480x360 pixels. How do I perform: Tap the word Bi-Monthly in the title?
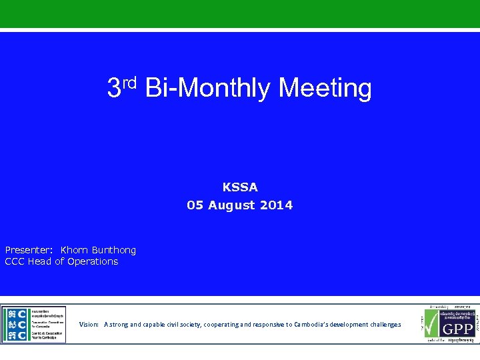(x=207, y=88)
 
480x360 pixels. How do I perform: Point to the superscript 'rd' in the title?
(x=129, y=82)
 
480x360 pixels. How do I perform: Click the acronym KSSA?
(x=240, y=187)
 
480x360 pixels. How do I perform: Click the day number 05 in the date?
(x=195, y=205)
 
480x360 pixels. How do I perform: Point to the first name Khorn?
(x=73, y=250)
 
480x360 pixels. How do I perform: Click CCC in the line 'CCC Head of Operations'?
(x=15, y=261)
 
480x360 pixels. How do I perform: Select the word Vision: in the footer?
(x=89, y=325)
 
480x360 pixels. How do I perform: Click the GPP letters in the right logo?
(x=459, y=329)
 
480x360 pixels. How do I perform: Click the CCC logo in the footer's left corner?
(x=33, y=325)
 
